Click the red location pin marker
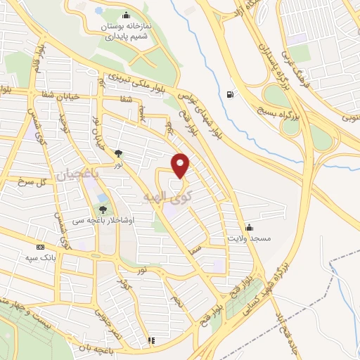click(x=181, y=165)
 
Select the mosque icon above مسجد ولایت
click(x=249, y=226)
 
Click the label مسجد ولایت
click(x=246, y=238)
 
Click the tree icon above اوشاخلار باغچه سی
click(x=103, y=209)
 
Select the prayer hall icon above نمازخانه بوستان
click(x=126, y=16)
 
